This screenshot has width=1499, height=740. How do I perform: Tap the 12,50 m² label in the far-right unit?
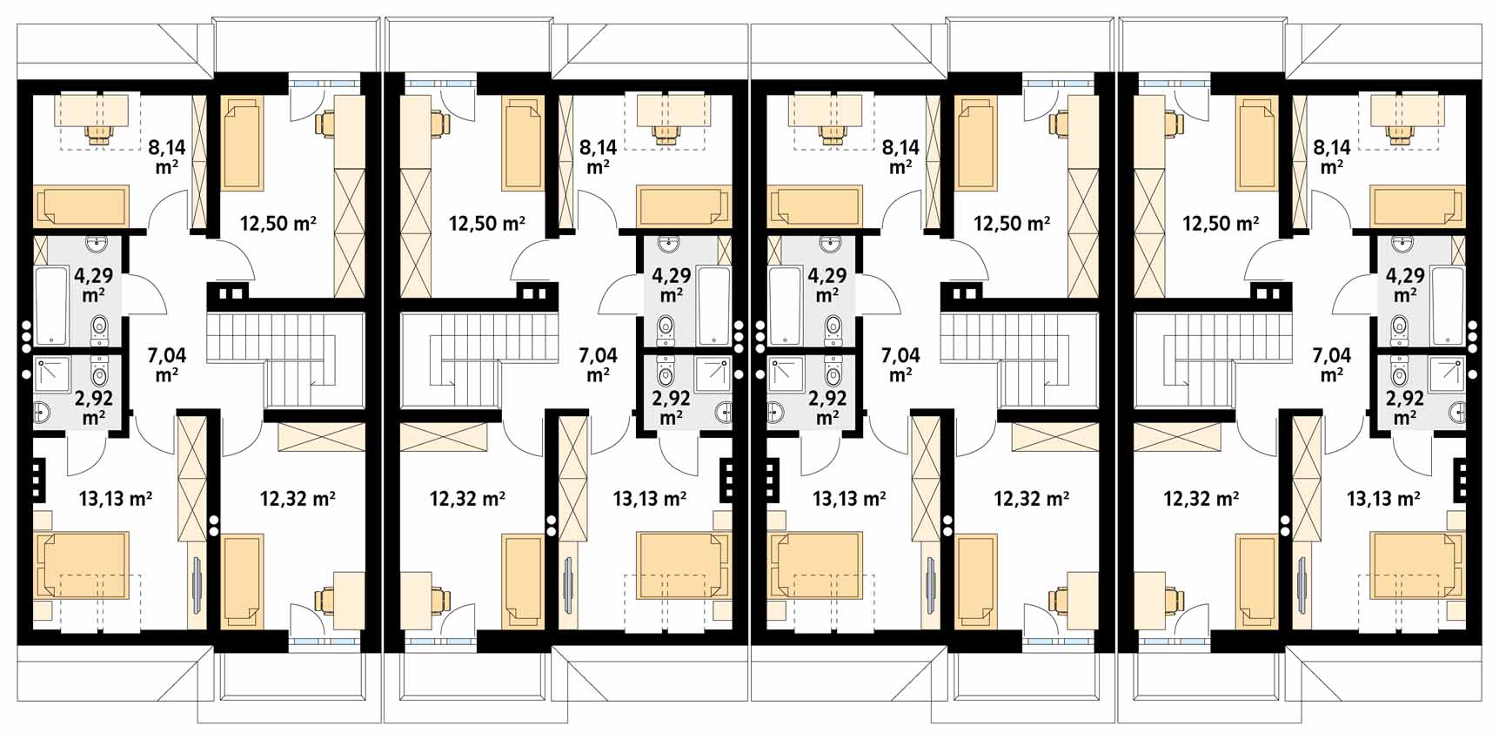click(x=1221, y=224)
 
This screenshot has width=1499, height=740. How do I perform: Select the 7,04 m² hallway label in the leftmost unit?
click(x=167, y=365)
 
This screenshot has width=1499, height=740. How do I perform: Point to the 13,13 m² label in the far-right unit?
click(x=1383, y=499)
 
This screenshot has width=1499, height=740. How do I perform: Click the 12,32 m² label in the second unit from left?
click(x=467, y=499)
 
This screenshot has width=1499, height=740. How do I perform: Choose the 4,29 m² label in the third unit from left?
click(x=826, y=285)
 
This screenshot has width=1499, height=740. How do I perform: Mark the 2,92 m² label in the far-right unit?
click(x=1404, y=407)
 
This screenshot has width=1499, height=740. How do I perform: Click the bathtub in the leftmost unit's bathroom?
click(x=51, y=306)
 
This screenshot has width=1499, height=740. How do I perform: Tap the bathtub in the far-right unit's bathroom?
click(x=1449, y=306)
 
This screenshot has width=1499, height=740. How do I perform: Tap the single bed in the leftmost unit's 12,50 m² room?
click(x=243, y=144)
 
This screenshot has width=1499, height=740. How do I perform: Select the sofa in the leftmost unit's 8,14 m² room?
click(x=81, y=206)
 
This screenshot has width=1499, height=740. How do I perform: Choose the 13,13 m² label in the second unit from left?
click(x=650, y=499)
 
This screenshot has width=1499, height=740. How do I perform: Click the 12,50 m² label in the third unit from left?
click(x=1012, y=224)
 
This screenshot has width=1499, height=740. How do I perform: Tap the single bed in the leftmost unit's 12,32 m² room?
click(x=243, y=581)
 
